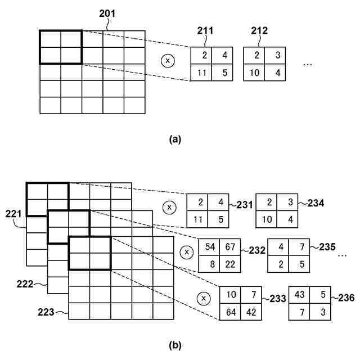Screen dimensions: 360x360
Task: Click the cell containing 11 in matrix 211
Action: coord(201,72)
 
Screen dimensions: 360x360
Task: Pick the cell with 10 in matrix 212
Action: coord(254,72)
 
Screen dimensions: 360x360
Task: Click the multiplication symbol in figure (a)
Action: coord(166,60)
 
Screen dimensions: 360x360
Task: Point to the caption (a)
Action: coord(175,139)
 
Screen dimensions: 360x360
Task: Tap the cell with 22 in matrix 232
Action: coord(230,264)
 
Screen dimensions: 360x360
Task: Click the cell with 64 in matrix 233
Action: coord(229,312)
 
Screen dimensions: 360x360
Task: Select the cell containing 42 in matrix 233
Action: coord(251,312)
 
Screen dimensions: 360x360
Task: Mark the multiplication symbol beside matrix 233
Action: coord(204,298)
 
